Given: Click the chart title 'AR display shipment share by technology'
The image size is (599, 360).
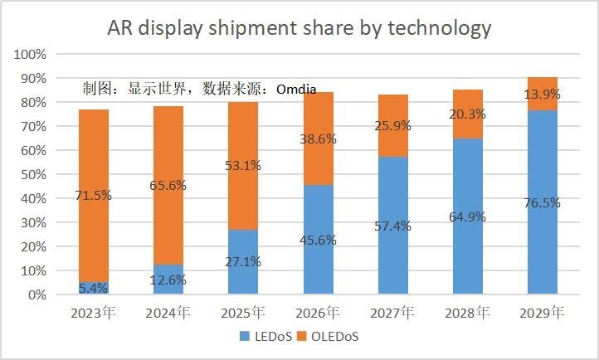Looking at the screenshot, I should (299, 28).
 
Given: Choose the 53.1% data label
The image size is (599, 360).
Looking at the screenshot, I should (242, 166).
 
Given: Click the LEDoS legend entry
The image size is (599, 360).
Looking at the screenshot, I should (265, 337).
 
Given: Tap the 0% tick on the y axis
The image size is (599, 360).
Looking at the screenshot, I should (36, 294).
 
